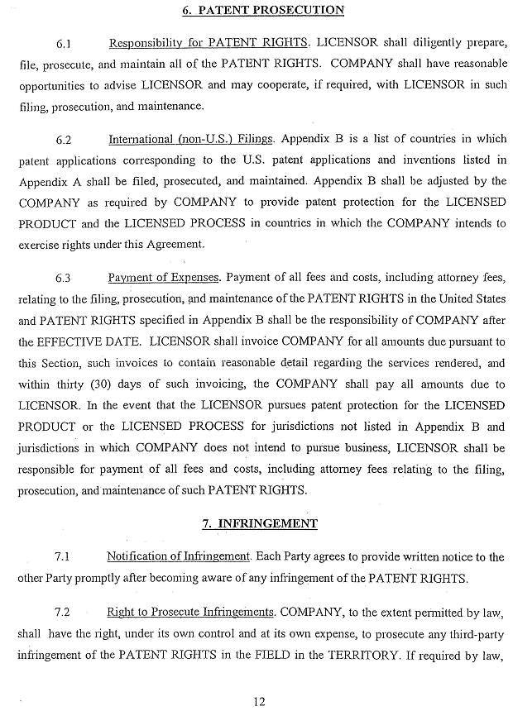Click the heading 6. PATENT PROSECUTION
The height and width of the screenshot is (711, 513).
point(262,11)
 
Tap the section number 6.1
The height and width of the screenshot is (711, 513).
point(64,42)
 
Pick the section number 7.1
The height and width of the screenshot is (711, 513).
point(64,557)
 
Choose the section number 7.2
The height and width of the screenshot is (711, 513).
point(64,613)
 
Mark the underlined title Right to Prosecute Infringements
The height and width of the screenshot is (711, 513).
point(190,612)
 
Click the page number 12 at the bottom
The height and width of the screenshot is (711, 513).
point(260,702)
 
